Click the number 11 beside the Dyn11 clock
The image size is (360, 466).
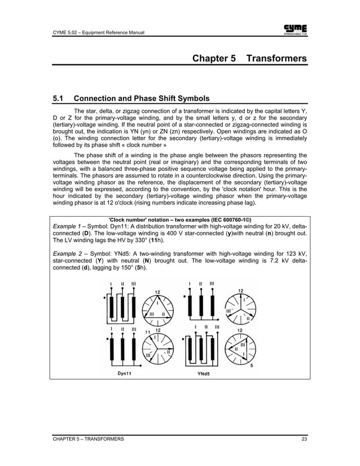[x=148, y=332]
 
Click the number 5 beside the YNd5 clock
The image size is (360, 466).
[x=251, y=366]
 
